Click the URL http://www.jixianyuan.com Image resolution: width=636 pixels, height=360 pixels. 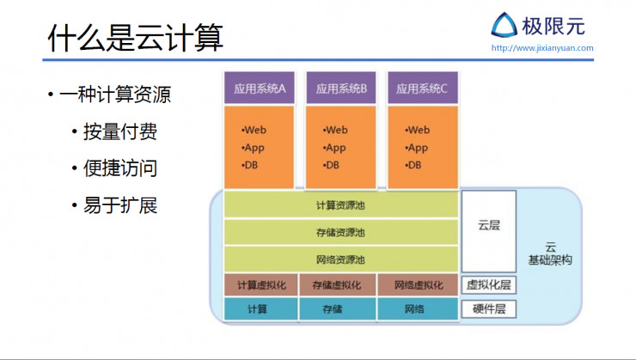pos(542,48)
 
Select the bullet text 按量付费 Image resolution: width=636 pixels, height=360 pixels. pos(120,131)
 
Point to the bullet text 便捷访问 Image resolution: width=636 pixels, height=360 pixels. pos(120,168)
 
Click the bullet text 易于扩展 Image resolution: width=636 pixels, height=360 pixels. pos(120,206)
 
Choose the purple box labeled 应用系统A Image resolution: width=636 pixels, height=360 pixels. pos(259,88)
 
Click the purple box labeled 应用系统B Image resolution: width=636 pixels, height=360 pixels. pos(341,88)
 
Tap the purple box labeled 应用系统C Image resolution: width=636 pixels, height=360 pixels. pos(423,88)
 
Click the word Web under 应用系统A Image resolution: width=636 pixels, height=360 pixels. pos(254,131)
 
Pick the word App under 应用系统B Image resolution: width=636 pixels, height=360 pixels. pos(335,148)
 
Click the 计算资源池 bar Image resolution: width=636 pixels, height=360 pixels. pos(340,204)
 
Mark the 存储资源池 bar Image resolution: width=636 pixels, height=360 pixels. pos(340,232)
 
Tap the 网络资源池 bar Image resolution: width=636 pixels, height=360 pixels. pos(340,259)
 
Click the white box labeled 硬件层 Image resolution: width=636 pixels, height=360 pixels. pos(489,309)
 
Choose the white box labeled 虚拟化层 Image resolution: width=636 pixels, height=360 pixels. pos(489,285)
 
